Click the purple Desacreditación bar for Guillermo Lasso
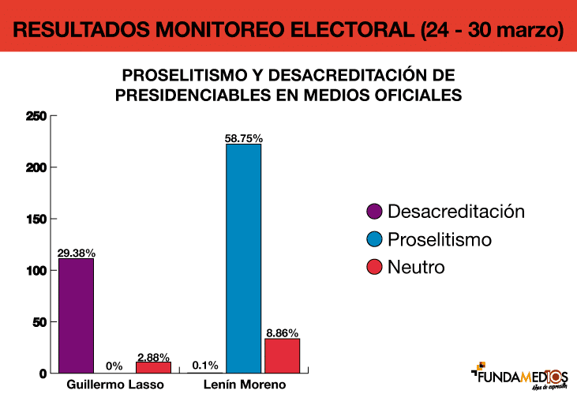(x=76, y=315)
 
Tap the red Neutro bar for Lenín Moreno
(x=282, y=355)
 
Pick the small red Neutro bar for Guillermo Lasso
(x=153, y=367)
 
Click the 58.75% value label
(x=243, y=138)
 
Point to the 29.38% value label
(x=77, y=253)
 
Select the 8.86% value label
(x=282, y=333)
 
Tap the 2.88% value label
(x=153, y=356)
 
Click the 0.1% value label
(x=205, y=366)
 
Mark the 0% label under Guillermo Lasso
(x=114, y=366)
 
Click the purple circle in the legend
(x=375, y=212)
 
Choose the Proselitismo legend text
(x=440, y=239)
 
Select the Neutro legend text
(x=416, y=267)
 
